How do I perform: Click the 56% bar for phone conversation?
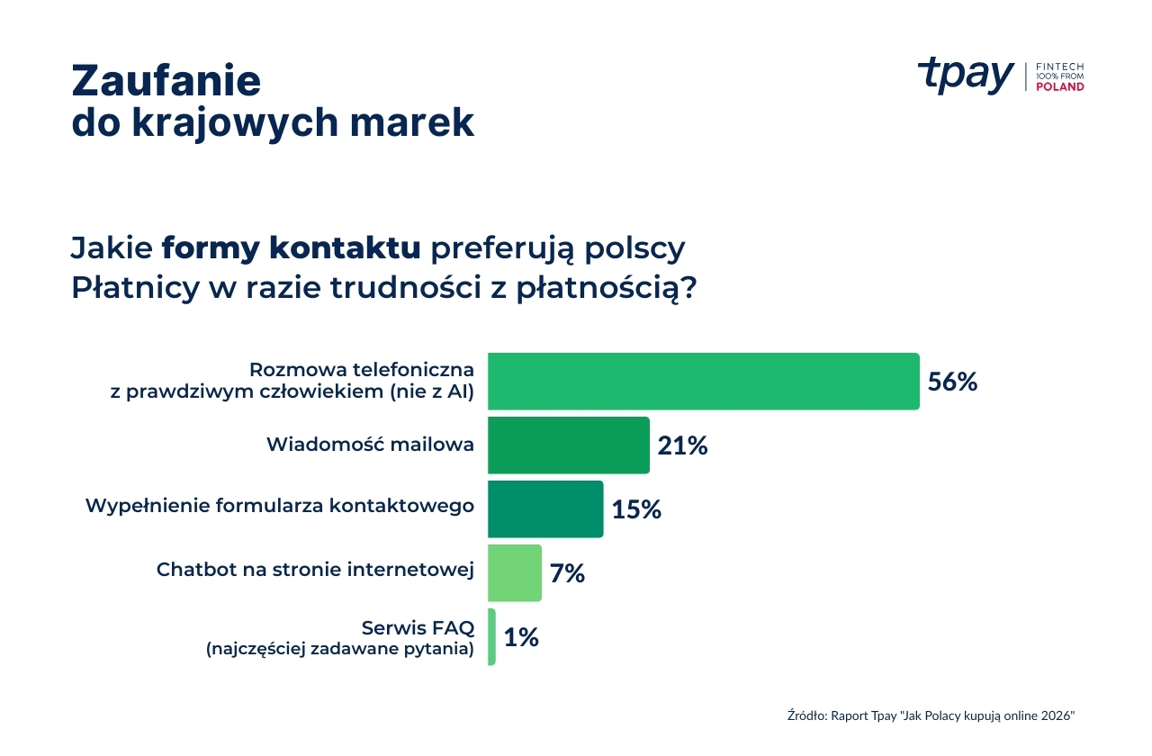[x=703, y=382]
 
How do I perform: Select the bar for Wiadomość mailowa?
[x=568, y=445]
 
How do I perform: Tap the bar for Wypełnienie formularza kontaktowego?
[x=545, y=508]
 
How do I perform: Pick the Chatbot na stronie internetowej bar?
[x=515, y=572]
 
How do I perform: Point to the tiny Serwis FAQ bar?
[x=491, y=636]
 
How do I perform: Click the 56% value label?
[x=952, y=382]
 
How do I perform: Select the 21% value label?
[x=682, y=445]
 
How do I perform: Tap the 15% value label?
[x=636, y=509]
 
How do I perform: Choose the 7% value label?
[x=567, y=573]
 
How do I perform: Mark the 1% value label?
[x=521, y=637]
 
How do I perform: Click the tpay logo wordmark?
[x=965, y=76]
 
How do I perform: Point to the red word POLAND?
[x=1060, y=87]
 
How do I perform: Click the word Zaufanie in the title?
[x=166, y=80]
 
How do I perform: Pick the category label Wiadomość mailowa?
[x=370, y=445]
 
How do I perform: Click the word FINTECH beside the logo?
[x=1060, y=67]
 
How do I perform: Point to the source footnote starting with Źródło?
[x=931, y=715]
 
